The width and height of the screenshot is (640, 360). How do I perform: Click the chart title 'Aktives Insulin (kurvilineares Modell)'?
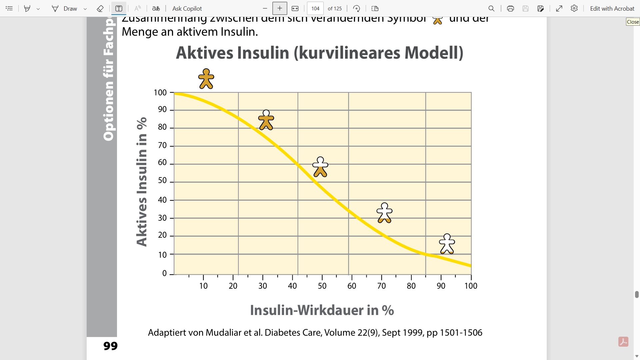tap(319, 53)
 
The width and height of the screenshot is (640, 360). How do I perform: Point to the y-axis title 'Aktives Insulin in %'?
tap(142, 182)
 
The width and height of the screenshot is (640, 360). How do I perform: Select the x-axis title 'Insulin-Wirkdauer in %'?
tap(322, 310)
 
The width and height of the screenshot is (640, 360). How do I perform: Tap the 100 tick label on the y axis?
tap(160, 93)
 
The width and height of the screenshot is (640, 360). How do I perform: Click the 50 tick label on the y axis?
tap(162, 180)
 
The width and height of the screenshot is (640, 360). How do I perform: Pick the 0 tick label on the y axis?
tap(164, 273)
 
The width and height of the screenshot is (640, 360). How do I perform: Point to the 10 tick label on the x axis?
tap(203, 286)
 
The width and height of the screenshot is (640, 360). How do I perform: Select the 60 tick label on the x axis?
tap(352, 286)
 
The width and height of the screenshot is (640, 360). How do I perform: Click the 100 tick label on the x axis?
tap(471, 286)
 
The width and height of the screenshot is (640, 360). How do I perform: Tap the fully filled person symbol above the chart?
tap(206, 79)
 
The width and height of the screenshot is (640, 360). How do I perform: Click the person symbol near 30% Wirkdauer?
tap(266, 120)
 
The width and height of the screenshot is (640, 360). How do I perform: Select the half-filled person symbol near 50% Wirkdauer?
tap(320, 167)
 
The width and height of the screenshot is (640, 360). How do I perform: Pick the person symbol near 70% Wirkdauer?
tap(384, 213)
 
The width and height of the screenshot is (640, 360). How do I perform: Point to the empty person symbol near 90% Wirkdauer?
tap(447, 244)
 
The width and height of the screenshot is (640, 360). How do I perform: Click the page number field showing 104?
tap(315, 9)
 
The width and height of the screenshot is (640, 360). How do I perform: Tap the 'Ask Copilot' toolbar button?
tap(187, 9)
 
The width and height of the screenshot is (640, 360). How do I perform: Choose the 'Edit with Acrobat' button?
tap(612, 9)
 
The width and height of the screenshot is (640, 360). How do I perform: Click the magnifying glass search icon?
tap(491, 9)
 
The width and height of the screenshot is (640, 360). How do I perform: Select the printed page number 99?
tap(110, 346)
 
